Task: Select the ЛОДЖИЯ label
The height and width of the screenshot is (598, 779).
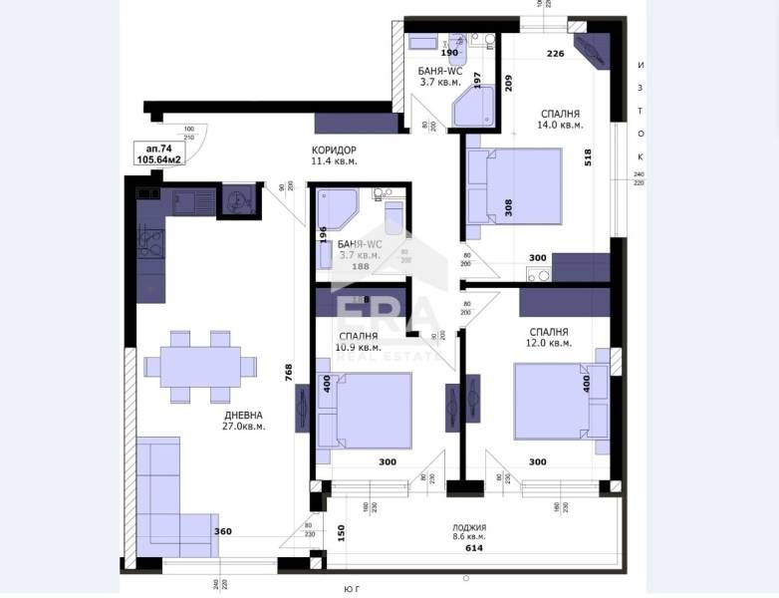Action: [468, 528]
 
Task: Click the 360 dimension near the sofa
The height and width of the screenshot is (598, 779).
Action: [223, 531]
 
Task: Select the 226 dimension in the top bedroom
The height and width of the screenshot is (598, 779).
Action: [556, 55]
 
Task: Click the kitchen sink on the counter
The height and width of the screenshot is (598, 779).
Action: [186, 201]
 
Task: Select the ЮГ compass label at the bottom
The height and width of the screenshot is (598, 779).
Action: [352, 590]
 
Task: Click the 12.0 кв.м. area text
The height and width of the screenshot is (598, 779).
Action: [549, 343]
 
